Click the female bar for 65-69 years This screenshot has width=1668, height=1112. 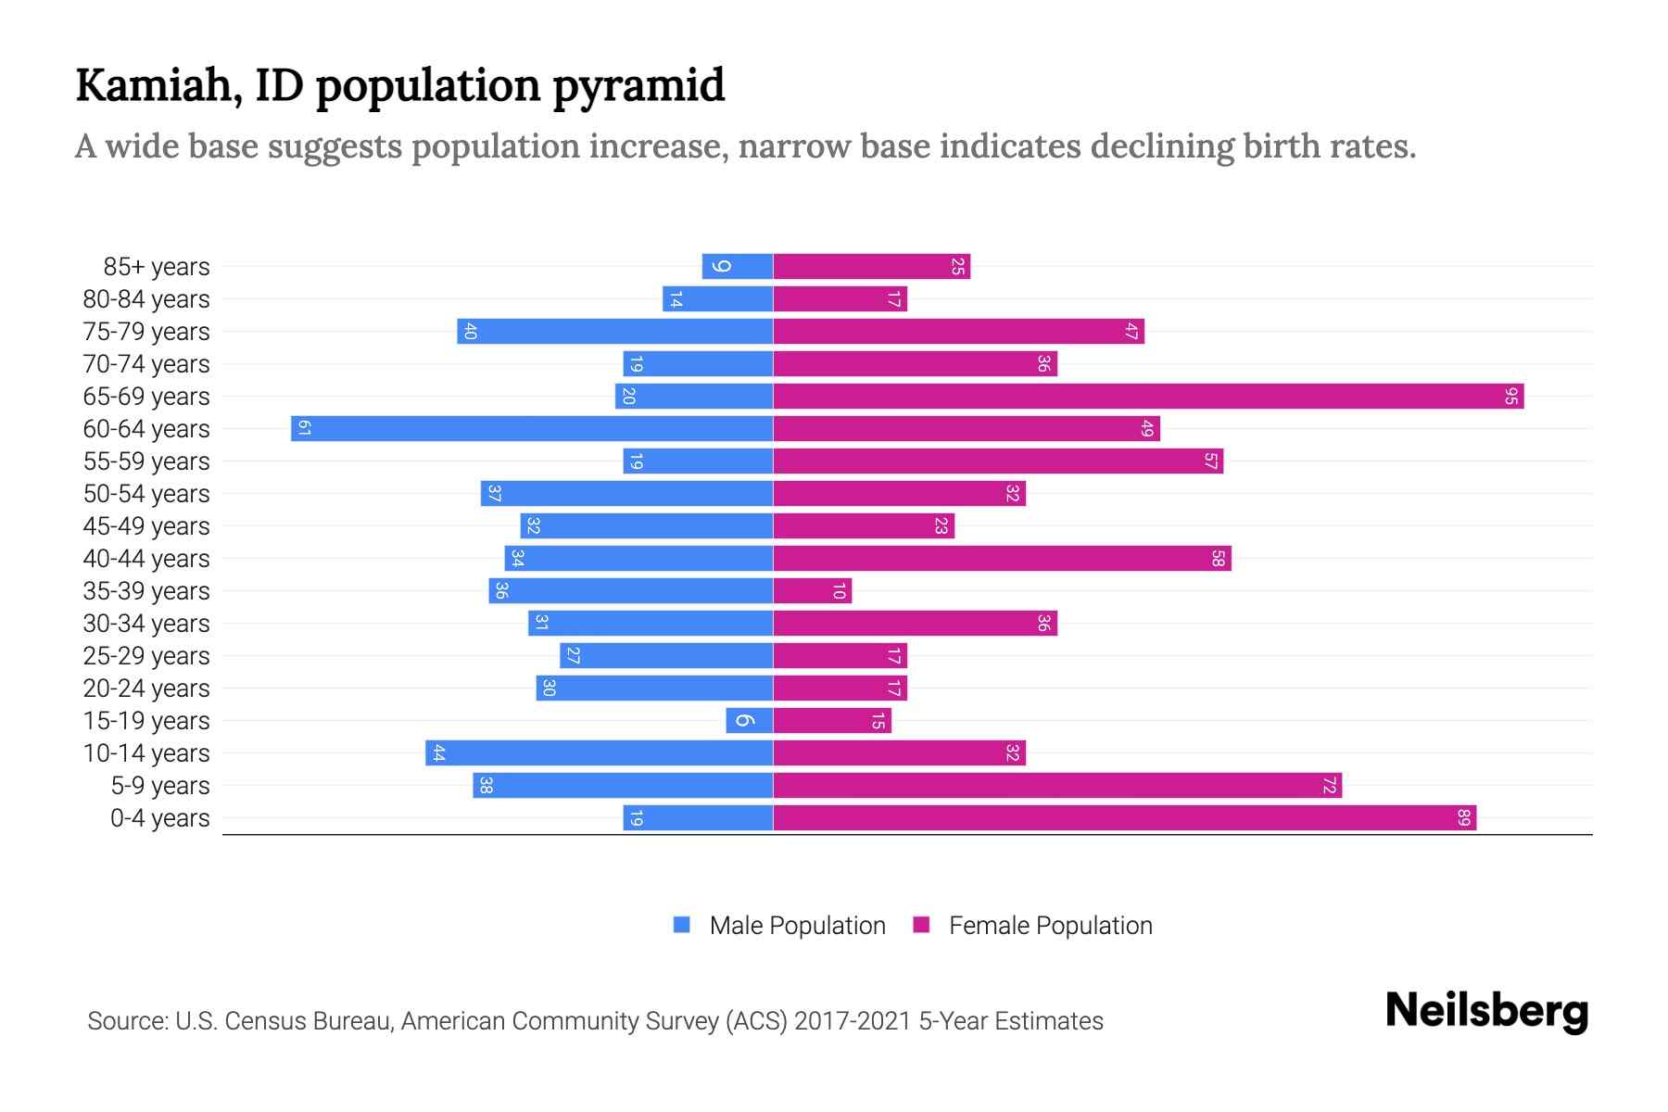pos(1147,397)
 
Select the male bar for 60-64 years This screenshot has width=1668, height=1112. pos(532,429)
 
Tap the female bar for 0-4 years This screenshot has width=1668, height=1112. pos(1124,818)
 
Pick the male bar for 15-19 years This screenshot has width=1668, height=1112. pos(749,721)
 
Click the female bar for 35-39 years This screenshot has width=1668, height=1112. pos(812,591)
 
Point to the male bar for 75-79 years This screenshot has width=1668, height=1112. pos(614,332)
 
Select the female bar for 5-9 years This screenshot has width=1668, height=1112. pos(1056,786)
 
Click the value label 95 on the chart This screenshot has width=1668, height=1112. pos(1510,397)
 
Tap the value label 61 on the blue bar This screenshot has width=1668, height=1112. pos(304,429)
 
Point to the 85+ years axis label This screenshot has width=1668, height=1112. pos(157,267)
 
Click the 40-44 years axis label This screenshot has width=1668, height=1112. pos(146,559)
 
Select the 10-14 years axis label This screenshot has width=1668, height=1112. pos(146,753)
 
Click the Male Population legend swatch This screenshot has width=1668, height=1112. pos(682,925)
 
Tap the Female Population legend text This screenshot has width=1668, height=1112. pos(1050,925)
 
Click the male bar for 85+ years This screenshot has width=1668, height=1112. pos(738,267)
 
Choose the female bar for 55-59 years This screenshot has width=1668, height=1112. pos(997,461)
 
